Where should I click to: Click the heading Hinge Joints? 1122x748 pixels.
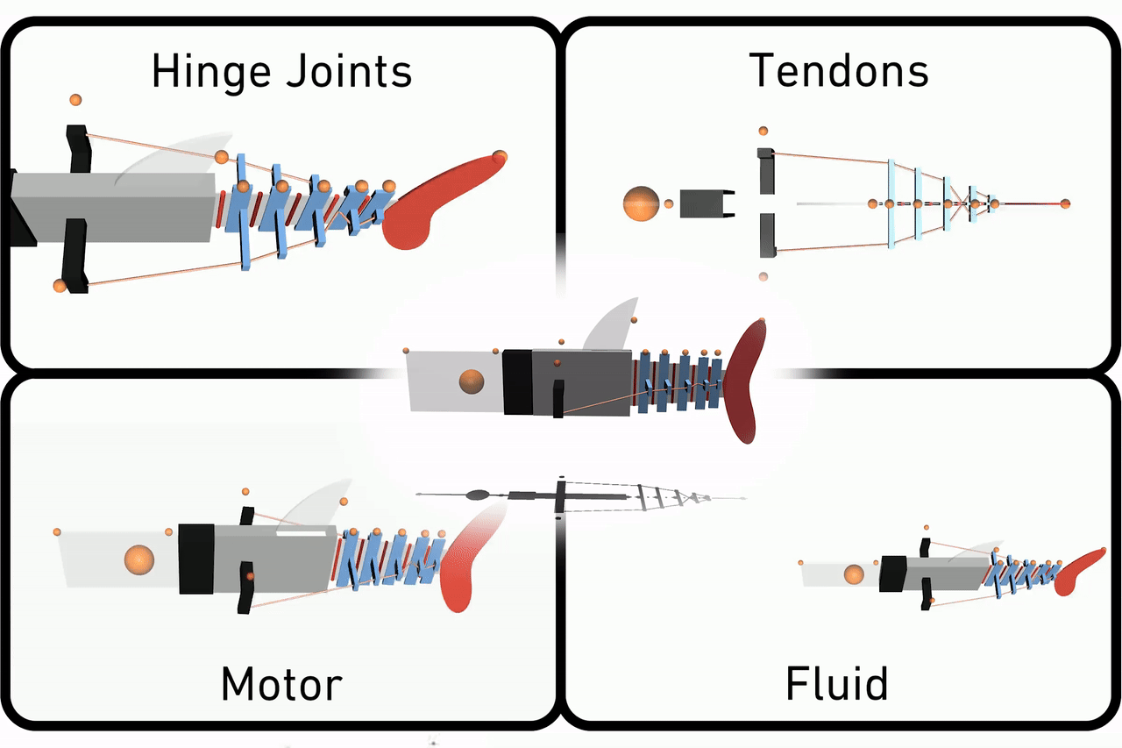click(281, 71)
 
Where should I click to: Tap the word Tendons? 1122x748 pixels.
click(839, 71)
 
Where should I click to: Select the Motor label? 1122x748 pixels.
click(281, 683)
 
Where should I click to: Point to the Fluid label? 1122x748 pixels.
click(836, 683)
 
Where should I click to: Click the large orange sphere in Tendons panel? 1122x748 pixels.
click(640, 203)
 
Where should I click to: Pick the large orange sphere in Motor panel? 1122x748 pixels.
click(138, 559)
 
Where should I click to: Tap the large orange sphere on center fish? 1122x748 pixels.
click(471, 381)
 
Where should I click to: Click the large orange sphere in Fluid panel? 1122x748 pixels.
click(852, 575)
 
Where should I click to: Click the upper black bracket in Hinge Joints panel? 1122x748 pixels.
click(78, 149)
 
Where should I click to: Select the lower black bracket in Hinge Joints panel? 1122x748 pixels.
click(78, 256)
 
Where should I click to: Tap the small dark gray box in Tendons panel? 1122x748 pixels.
click(699, 203)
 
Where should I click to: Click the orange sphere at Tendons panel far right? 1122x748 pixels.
click(1065, 203)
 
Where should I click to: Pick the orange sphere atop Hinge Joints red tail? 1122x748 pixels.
click(500, 157)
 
